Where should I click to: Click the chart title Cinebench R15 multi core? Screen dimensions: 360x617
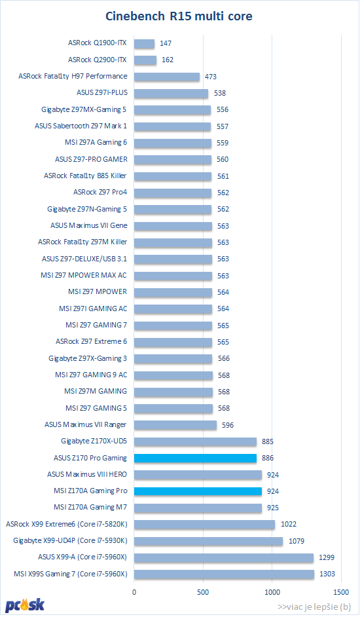coord(179,16)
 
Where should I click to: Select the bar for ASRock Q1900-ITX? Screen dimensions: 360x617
coord(144,43)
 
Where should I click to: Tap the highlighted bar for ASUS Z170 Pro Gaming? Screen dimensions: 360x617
coord(195,458)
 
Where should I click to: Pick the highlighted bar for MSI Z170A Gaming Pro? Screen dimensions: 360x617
coord(198,491)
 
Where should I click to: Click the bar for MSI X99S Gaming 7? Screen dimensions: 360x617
coord(224,574)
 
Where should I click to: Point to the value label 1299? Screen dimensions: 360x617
coord(327,557)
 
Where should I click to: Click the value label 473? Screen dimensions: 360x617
coord(211,77)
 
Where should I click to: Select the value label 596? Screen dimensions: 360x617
coord(227,425)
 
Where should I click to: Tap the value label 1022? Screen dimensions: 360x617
coord(289,524)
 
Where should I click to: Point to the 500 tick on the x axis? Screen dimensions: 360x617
coord(203,592)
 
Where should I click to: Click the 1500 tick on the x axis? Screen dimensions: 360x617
coord(341,592)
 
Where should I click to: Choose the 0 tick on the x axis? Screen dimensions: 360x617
coord(134,592)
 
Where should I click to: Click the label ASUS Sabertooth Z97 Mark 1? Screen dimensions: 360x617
coord(81,126)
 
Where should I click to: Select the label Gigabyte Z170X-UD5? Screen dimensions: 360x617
coord(94,441)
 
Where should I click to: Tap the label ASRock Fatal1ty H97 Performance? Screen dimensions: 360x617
coord(73,77)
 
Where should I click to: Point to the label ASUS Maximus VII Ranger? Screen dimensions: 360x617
coord(85,424)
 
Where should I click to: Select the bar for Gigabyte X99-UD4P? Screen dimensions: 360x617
coord(209,541)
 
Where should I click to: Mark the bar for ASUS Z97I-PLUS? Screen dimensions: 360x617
coord(171,93)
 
